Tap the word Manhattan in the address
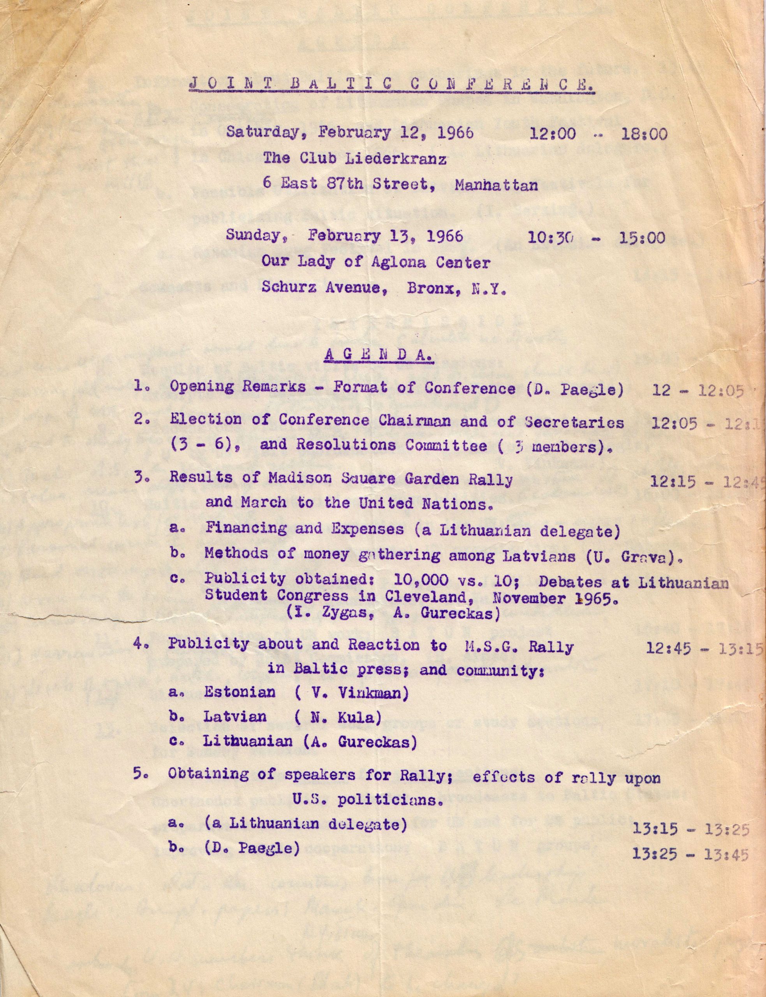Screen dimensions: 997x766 pyautogui.click(x=496, y=185)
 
